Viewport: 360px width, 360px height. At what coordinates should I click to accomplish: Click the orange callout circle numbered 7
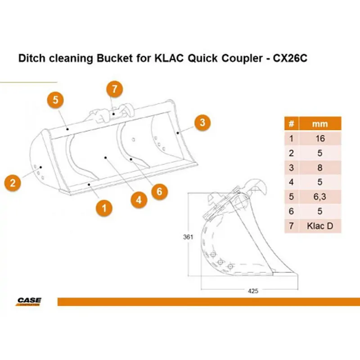(115, 89)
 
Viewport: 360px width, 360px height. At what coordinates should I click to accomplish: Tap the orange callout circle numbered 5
(55, 100)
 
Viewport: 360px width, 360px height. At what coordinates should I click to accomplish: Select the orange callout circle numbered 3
(202, 122)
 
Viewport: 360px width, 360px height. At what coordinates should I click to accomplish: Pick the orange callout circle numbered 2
(13, 183)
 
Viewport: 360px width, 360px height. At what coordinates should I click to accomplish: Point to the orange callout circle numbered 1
(104, 208)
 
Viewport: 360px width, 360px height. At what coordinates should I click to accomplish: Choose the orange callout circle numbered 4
(139, 200)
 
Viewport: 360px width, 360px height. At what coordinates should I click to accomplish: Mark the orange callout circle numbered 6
(160, 192)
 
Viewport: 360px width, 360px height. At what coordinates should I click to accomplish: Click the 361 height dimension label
(188, 237)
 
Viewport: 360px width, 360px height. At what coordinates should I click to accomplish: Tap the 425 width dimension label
(253, 291)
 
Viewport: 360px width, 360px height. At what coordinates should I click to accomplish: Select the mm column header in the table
(320, 124)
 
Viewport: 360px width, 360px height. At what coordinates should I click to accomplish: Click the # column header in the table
(291, 124)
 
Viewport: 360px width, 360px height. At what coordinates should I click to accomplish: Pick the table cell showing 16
(320, 139)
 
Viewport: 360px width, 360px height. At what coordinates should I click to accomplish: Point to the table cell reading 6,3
(320, 197)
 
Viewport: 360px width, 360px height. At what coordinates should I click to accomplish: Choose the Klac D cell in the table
(320, 226)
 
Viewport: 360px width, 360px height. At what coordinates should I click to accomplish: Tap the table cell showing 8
(320, 167)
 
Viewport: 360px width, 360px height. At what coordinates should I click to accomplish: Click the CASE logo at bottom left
(29, 301)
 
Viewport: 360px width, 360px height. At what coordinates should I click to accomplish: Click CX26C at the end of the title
(290, 58)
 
